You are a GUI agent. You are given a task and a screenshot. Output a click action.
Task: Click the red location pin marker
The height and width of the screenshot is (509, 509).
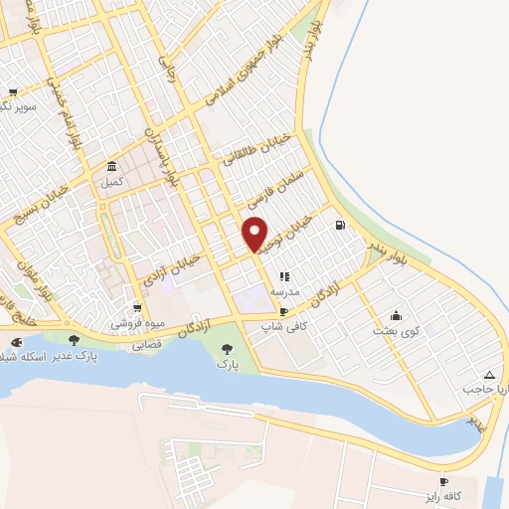(x=255, y=234)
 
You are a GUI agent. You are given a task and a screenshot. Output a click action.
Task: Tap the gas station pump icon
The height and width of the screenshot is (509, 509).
(x=341, y=225)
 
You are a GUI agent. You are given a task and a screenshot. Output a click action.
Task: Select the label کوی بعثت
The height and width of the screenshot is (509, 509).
(x=396, y=329)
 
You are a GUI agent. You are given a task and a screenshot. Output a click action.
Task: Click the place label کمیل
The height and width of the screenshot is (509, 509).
(x=110, y=183)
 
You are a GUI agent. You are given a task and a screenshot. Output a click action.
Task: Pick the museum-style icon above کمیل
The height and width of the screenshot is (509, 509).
(x=111, y=166)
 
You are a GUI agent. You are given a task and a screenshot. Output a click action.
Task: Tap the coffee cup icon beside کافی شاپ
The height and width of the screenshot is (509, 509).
(x=285, y=311)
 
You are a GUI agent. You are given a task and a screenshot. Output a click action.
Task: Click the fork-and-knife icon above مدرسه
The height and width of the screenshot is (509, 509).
(x=284, y=276)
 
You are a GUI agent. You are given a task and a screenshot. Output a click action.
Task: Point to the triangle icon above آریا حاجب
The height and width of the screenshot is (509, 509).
(x=488, y=375)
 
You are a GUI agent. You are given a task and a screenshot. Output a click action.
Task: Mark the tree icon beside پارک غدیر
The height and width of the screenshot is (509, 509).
(x=74, y=340)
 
